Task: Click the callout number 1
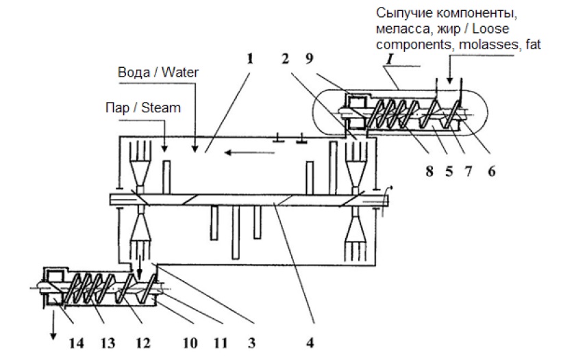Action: coord(250,60)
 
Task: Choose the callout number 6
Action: coord(493,172)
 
